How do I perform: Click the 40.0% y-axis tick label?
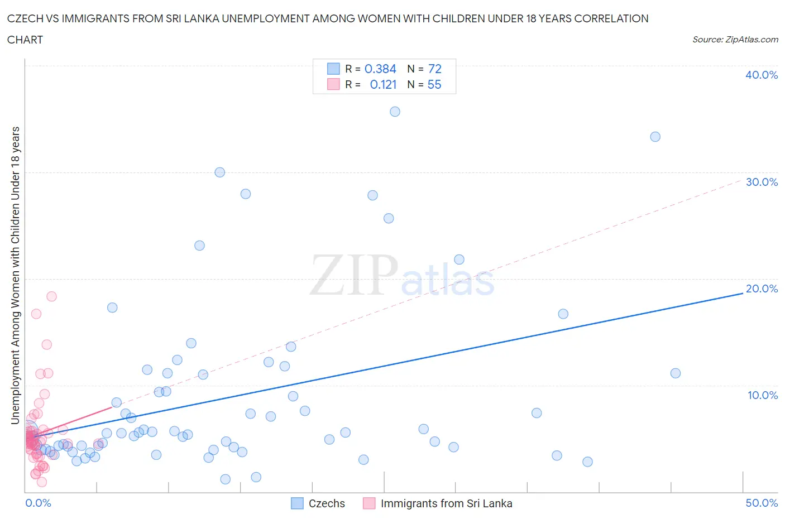[761, 75]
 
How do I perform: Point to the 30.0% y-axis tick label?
[761, 182]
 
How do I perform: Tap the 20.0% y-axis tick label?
[761, 289]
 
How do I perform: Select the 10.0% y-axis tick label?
[762, 395]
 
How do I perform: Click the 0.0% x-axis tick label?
[38, 503]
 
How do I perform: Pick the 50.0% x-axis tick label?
[761, 503]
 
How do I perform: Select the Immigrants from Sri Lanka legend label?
[446, 503]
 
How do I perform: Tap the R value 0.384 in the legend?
[380, 69]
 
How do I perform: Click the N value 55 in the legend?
[434, 84]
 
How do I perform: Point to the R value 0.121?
[383, 84]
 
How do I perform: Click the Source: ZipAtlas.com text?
[735, 39]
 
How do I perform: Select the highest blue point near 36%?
[395, 112]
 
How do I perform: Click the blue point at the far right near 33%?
[655, 137]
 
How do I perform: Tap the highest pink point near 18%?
[51, 296]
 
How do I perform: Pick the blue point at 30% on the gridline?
[219, 172]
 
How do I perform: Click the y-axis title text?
[15, 275]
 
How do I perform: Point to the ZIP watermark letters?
[353, 275]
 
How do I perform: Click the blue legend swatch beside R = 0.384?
[333, 69]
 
